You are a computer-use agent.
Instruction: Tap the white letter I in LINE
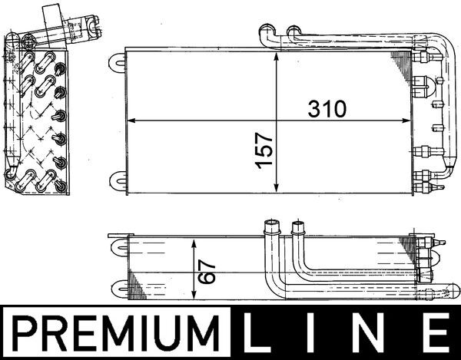[x=320, y=333]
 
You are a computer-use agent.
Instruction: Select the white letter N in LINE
[x=376, y=333]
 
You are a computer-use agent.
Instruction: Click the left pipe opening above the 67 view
[x=270, y=225]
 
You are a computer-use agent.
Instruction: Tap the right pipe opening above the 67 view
[x=297, y=225]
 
